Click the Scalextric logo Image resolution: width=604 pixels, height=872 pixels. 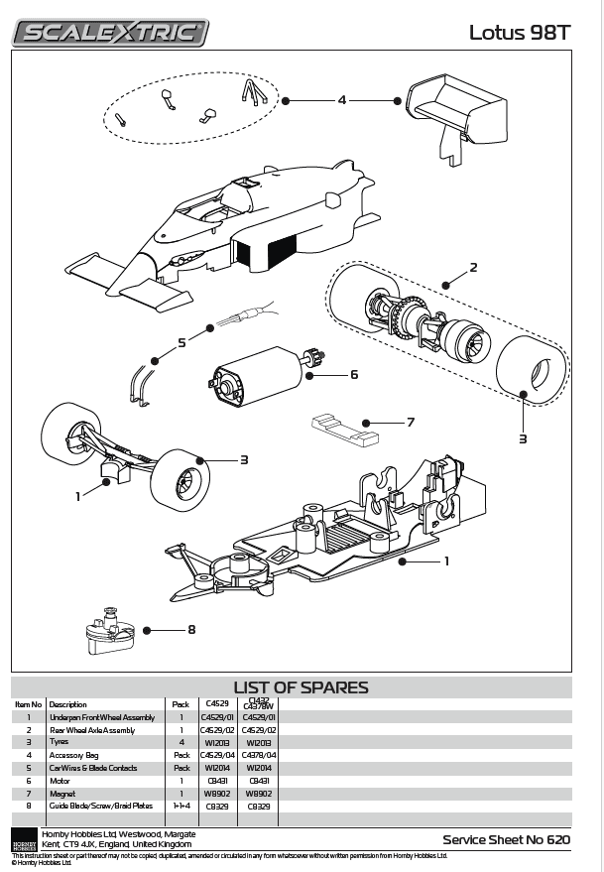[x=110, y=32]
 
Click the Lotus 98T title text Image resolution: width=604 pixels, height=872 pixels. [x=520, y=32]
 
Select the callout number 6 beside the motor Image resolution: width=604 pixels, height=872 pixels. [x=353, y=374]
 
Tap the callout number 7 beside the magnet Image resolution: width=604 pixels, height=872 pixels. [x=411, y=422]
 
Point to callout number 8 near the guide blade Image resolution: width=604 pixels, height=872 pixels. [x=191, y=629]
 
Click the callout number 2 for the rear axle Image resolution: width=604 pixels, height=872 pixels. [x=474, y=267]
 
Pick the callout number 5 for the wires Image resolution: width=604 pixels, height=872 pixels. [x=181, y=343]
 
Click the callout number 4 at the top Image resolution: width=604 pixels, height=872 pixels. [x=341, y=100]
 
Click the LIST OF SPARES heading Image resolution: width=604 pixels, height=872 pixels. [x=301, y=687]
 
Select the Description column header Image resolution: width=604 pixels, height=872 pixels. [x=67, y=704]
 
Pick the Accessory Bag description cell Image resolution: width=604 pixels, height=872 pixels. [x=74, y=755]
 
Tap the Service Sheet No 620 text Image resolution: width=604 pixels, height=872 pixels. [x=506, y=839]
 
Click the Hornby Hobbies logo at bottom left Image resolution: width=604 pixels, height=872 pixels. [x=24, y=839]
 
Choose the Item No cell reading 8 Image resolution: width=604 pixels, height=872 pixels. [x=29, y=807]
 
